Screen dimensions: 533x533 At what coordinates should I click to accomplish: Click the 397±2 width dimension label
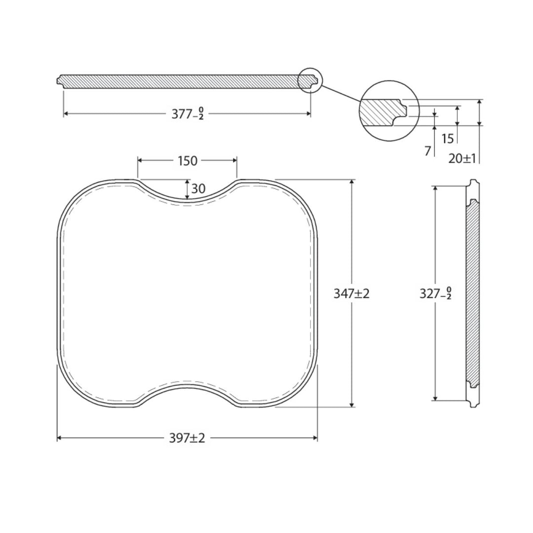[x=188, y=438]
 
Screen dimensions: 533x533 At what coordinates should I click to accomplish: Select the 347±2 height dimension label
[x=351, y=293]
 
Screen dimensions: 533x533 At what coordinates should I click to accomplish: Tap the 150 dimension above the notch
[x=188, y=161]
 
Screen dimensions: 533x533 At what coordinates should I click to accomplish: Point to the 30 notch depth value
[x=198, y=189]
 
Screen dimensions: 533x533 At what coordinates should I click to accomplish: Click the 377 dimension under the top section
[x=188, y=114]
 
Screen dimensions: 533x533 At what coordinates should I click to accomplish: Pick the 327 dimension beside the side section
[x=435, y=293]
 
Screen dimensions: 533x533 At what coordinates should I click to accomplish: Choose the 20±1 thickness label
[x=462, y=158]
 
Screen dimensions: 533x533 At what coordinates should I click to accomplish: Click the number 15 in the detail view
[x=448, y=139]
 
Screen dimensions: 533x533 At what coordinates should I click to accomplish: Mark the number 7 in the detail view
[x=427, y=151]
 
